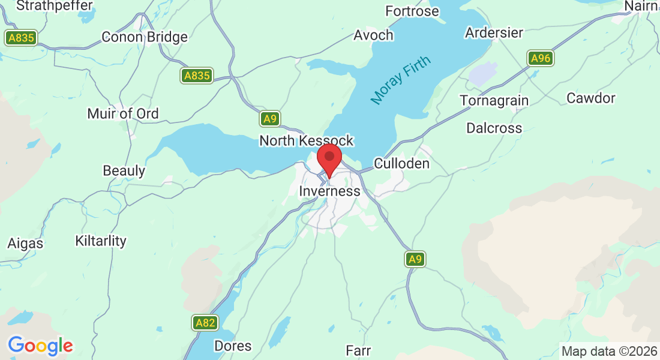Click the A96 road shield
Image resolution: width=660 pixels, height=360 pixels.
[541, 58]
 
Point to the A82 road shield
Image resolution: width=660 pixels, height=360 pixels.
[205, 323]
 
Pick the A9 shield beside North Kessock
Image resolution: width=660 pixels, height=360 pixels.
[270, 119]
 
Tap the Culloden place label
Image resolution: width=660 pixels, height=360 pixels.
[401, 164]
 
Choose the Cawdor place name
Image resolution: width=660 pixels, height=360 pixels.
[591, 98]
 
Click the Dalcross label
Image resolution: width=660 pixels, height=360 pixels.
[494, 128]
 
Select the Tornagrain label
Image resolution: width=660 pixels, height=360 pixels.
[494, 100]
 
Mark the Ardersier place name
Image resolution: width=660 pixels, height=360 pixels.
[494, 32]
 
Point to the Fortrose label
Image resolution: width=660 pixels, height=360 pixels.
[412, 11]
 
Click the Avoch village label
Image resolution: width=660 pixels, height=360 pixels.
[373, 35]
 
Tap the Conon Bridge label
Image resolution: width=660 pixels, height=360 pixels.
[145, 37]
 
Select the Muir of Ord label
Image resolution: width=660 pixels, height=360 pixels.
[123, 113]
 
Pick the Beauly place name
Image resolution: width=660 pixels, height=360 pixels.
[124, 170]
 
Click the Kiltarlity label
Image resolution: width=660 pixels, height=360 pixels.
[101, 241]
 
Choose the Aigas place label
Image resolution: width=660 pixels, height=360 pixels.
[25, 244]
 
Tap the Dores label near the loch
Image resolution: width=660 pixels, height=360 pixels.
[233, 346]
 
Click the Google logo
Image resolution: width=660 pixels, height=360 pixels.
[40, 346]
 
